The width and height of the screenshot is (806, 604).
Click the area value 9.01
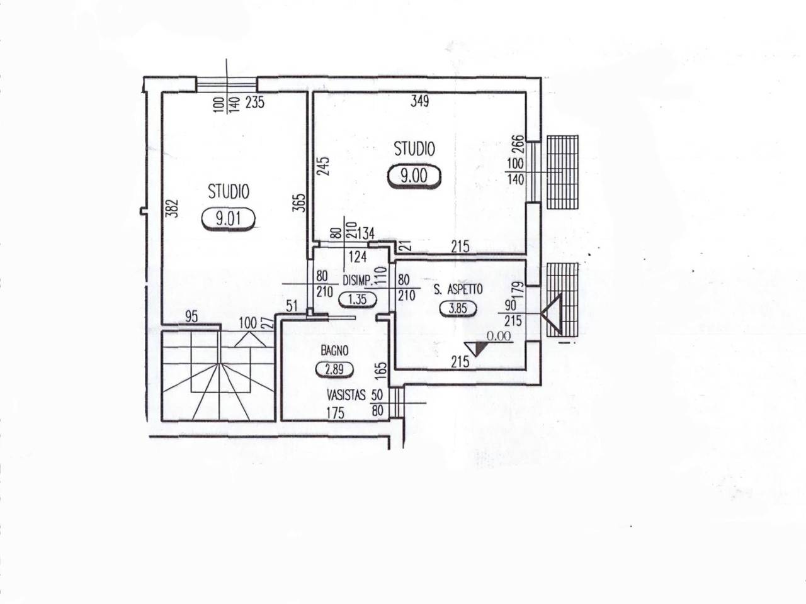(228, 219)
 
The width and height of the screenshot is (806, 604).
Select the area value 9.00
(414, 176)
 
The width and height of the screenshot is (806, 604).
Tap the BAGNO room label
(334, 351)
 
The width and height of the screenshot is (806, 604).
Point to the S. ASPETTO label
(458, 289)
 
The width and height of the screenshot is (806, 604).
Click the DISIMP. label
(358, 281)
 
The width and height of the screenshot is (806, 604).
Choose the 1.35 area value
(357, 299)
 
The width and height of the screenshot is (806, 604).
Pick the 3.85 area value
(458, 308)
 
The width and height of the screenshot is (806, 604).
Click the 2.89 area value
(334, 369)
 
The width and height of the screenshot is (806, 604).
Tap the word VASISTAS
(346, 395)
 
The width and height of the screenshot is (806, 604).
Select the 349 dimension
(420, 101)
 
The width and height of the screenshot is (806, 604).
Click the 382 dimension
(174, 208)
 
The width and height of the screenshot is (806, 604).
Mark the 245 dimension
(324, 166)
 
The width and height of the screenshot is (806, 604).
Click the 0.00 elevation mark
(499, 336)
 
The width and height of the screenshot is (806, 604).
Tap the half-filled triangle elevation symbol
(476, 349)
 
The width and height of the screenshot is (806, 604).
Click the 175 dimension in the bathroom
(336, 413)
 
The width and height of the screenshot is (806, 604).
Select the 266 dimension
(516, 145)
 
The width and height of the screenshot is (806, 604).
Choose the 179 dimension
(519, 291)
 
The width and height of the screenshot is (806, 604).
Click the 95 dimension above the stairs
(191, 316)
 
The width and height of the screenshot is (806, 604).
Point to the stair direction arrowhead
(250, 339)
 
